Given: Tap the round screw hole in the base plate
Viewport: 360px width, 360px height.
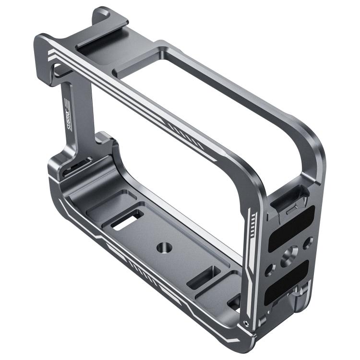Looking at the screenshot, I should [x=163, y=247].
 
